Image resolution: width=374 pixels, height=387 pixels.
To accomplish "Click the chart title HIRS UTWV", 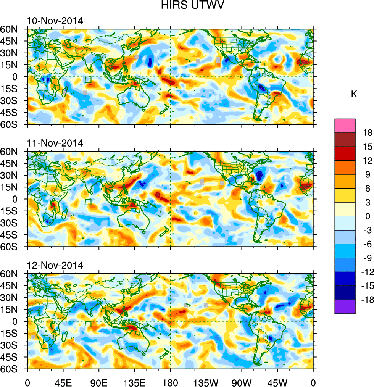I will coord(187,6).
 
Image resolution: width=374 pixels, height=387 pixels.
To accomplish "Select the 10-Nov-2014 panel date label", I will coord(55,21).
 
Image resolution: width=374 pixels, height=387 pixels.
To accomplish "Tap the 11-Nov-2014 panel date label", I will coord(55,143).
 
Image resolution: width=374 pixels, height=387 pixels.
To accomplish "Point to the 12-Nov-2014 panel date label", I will coord(55,266).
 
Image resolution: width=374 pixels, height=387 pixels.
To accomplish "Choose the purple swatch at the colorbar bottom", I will coord(345,307).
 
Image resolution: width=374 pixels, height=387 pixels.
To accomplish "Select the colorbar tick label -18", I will coord(366,300).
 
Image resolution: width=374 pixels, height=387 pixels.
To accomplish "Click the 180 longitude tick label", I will coord(170,382).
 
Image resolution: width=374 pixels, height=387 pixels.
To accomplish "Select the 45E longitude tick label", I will coord(63,382).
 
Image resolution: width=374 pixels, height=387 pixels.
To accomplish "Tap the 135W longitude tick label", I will coord(206,382).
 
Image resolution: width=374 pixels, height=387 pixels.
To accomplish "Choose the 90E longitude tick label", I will coord(99,382).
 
